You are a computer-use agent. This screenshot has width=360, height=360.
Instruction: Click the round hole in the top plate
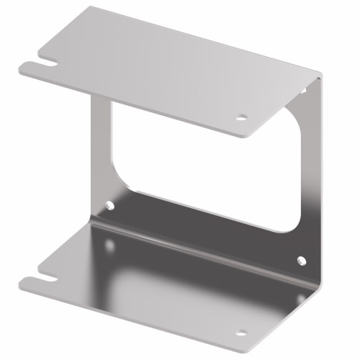pos(242,117)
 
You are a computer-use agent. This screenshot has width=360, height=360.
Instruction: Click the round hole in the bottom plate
pos(241,333)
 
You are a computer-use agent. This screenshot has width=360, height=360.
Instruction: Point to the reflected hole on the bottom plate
pos(109,246)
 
